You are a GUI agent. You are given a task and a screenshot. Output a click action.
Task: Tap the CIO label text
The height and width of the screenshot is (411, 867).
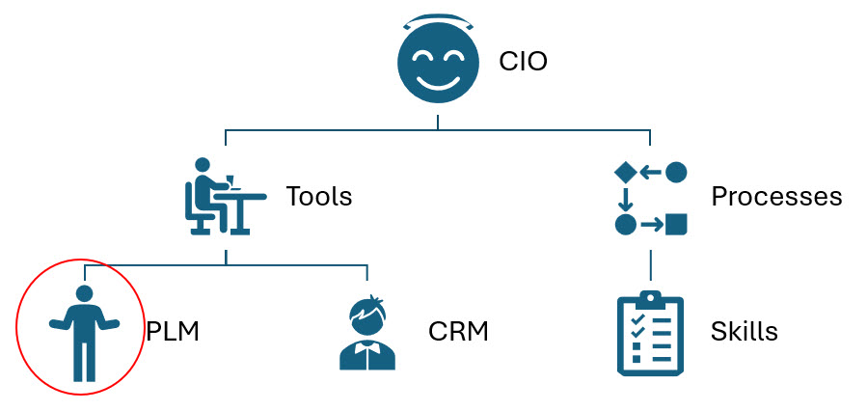(x=523, y=63)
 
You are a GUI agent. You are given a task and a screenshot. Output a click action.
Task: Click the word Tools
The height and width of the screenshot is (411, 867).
(x=318, y=197)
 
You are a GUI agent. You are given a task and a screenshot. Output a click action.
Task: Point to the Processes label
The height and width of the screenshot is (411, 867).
(x=776, y=197)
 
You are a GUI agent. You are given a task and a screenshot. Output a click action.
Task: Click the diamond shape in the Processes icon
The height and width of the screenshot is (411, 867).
(x=625, y=172)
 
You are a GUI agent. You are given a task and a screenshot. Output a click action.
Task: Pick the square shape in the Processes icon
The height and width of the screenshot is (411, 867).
(x=677, y=225)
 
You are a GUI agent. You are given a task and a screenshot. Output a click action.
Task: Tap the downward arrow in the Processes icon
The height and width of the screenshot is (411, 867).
(x=625, y=199)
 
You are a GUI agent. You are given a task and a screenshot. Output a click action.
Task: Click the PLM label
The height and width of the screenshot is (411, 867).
(x=172, y=332)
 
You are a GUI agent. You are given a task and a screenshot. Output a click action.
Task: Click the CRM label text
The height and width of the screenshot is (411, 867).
(x=458, y=332)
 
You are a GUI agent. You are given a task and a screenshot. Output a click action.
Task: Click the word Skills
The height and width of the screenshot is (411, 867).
(x=744, y=332)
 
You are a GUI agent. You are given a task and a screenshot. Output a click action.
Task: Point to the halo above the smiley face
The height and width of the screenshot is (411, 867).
(x=437, y=20)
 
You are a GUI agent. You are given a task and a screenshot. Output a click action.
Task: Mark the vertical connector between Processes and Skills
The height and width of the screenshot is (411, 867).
(x=651, y=264)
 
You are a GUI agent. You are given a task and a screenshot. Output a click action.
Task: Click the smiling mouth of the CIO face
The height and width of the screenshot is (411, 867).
(x=437, y=76)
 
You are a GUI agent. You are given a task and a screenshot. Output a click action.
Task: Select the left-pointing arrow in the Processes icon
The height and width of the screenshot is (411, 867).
(x=651, y=172)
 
